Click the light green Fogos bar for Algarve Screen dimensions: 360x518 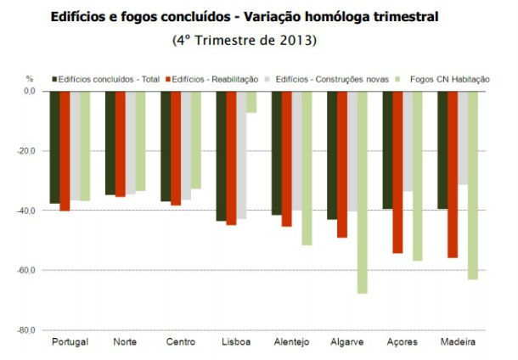(363, 192)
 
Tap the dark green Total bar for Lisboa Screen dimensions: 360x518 (221, 156)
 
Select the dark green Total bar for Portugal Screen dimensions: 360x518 (54, 147)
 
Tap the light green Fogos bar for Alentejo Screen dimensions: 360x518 (307, 168)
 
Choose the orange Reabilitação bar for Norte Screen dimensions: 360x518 (120, 143)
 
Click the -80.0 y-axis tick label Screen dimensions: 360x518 (28, 329)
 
